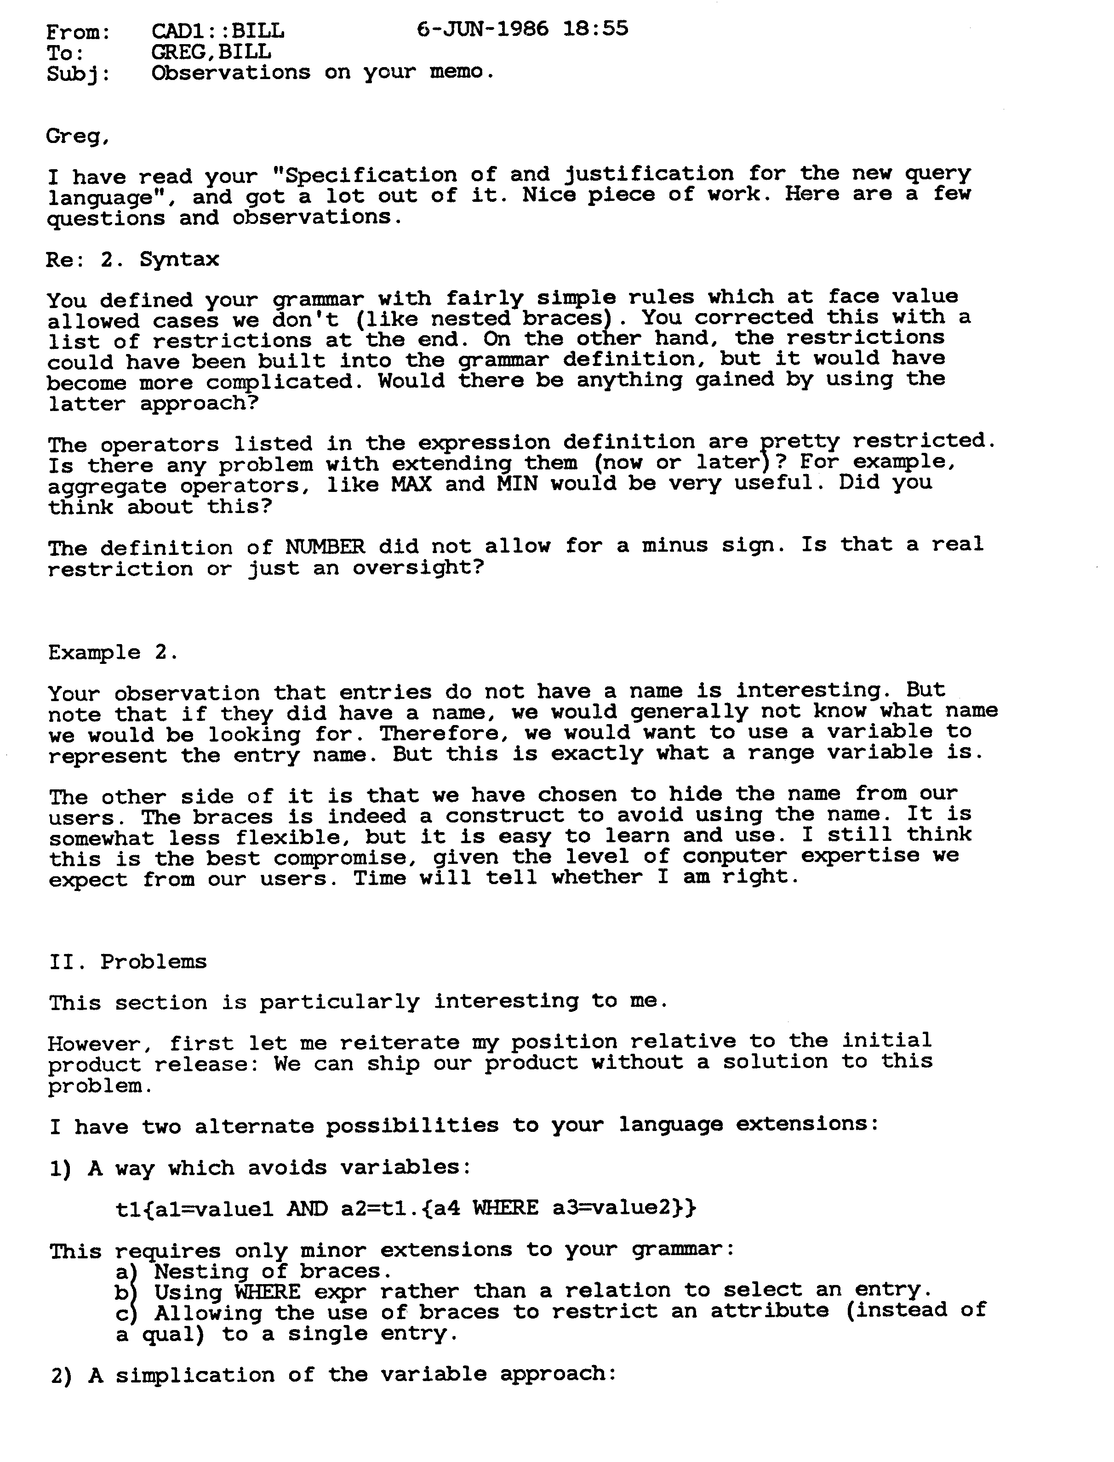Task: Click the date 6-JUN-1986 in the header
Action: tap(482, 29)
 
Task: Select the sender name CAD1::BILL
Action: tap(217, 30)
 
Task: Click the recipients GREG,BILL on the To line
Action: tap(211, 51)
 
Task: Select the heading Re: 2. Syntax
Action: tap(132, 259)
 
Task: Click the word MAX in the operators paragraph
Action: tap(411, 485)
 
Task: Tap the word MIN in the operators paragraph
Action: tap(517, 484)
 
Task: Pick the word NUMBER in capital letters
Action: tap(325, 547)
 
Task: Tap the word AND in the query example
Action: tap(307, 1209)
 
